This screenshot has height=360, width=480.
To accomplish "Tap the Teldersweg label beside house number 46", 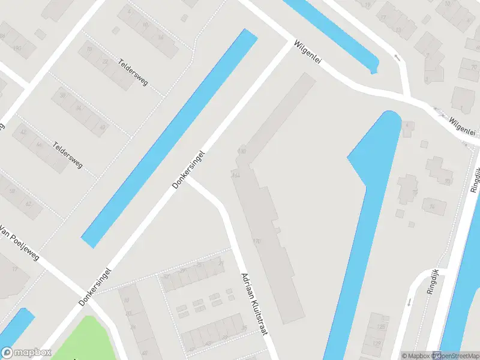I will [67, 154].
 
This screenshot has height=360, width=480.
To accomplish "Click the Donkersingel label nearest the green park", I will [95, 286].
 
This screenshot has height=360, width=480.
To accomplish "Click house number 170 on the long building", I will [257, 241].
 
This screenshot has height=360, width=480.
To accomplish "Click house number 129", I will [377, 344].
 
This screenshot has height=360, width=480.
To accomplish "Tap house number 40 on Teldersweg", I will [103, 127].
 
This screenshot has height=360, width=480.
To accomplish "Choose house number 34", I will [79, 108].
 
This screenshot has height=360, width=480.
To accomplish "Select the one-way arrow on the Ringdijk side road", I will [410, 302].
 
